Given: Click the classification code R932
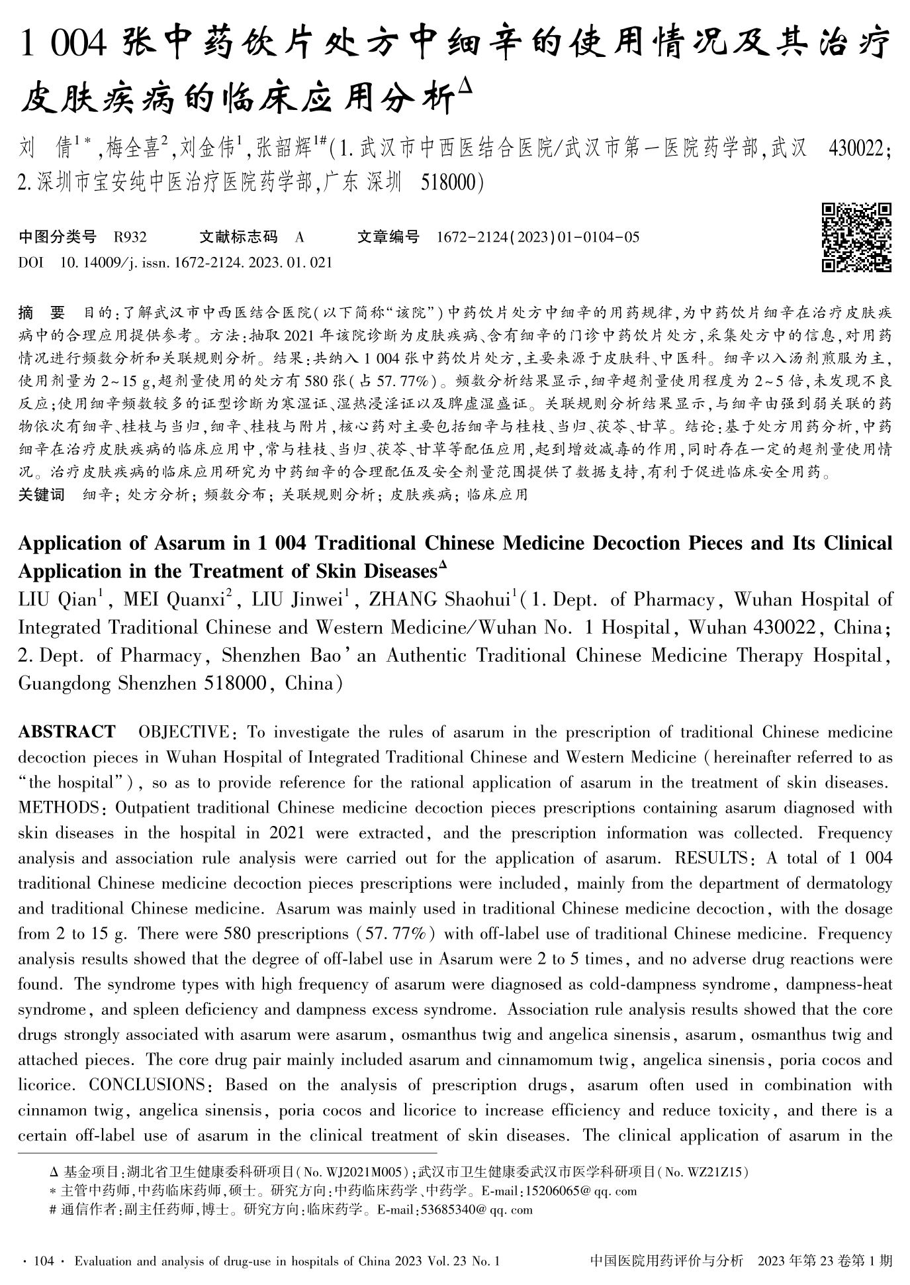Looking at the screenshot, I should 130,237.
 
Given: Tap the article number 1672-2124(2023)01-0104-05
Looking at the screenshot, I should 538,237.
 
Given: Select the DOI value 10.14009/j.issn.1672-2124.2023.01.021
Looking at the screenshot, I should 196,262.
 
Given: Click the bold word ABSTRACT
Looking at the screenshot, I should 66,732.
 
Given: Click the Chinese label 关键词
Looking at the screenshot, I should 42,494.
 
